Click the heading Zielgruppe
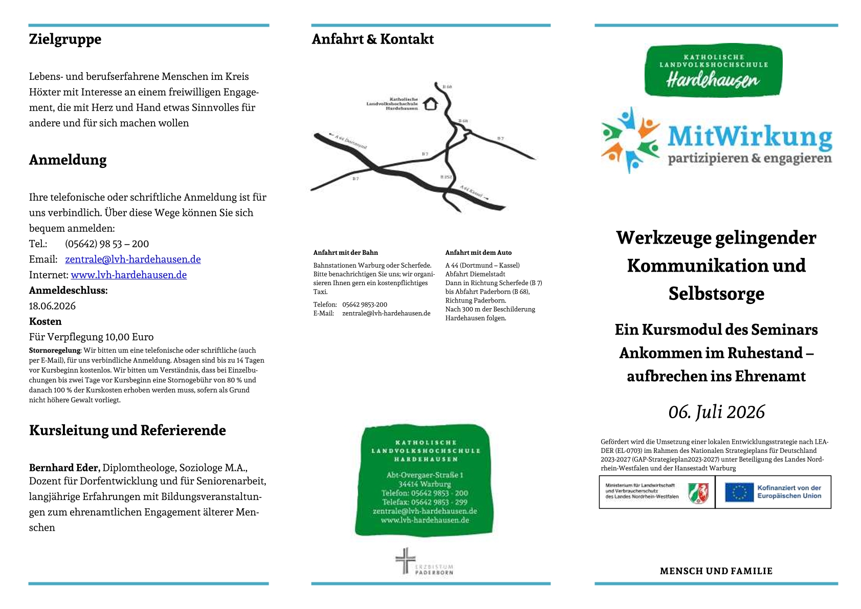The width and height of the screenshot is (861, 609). tap(65, 39)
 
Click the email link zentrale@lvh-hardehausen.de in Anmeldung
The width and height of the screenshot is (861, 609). tap(133, 259)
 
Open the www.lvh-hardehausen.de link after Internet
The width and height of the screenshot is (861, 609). tap(128, 275)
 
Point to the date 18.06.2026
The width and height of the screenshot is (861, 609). tap(52, 306)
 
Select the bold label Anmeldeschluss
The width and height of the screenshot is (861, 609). tap(68, 291)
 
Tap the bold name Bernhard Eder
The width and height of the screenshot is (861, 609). tap(64, 468)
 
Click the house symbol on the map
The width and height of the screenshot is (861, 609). tap(431, 104)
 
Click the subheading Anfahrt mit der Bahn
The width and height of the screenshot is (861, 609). tap(345, 253)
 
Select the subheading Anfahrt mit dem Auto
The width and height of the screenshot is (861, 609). tap(478, 253)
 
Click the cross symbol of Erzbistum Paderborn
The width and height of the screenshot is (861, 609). tap(405, 560)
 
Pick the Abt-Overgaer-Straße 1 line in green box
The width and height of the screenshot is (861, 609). tap(425, 475)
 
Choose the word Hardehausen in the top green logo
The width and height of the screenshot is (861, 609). tap(713, 79)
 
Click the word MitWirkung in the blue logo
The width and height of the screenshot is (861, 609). tap(749, 137)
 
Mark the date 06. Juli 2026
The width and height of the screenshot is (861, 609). tap(716, 412)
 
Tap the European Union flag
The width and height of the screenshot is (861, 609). tap(739, 492)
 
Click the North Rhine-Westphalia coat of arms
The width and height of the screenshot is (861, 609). tap(698, 493)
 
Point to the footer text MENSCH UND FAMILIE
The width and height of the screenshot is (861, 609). tap(716, 571)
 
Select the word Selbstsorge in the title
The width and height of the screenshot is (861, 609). tap(716, 294)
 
